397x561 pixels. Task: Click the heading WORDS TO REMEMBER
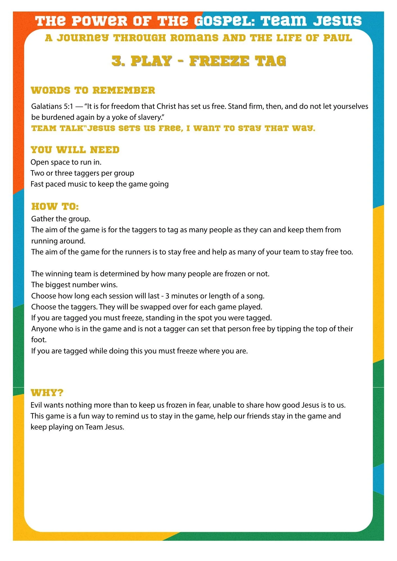(93, 90)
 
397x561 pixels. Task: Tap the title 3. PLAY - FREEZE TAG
(198, 61)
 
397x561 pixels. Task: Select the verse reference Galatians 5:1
(52, 106)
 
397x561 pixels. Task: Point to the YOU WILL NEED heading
(75, 150)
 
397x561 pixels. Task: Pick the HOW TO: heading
(55, 206)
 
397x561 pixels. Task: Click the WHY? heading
(47, 392)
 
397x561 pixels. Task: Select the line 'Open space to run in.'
(66, 162)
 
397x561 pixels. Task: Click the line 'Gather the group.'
(61, 219)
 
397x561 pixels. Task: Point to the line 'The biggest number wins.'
(74, 285)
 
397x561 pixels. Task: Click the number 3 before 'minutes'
(167, 296)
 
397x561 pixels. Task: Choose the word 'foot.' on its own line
(39, 340)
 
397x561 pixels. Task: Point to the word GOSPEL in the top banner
(224, 21)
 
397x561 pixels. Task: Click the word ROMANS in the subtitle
(194, 38)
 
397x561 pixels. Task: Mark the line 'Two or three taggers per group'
(82, 173)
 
